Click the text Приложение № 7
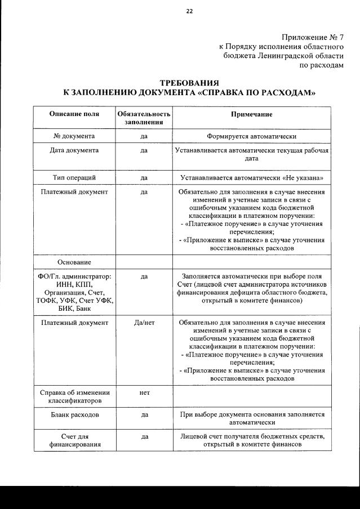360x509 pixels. pyautogui.click(x=313, y=37)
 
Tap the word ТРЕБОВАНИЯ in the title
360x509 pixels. pyautogui.click(x=188, y=83)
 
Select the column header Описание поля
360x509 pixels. pyautogui.click(x=74, y=114)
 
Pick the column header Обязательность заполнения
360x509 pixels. pyautogui.click(x=144, y=118)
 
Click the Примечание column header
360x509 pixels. pyautogui.click(x=251, y=114)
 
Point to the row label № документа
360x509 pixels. pyautogui.click(x=74, y=136)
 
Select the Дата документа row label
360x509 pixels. pyautogui.click(x=74, y=150)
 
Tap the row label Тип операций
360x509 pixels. pyautogui.click(x=74, y=177)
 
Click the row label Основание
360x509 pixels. pyautogui.click(x=74, y=262)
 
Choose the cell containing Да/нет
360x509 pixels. pyautogui.click(x=144, y=323)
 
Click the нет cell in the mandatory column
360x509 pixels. pyautogui.click(x=144, y=392)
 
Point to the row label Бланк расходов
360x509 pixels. pyautogui.click(x=74, y=414)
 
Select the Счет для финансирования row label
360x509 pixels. pyautogui.click(x=74, y=440)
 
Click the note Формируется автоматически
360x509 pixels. pyautogui.click(x=251, y=136)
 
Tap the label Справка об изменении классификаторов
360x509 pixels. pyautogui.click(x=74, y=396)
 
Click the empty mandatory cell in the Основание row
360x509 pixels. pyautogui.click(x=144, y=262)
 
